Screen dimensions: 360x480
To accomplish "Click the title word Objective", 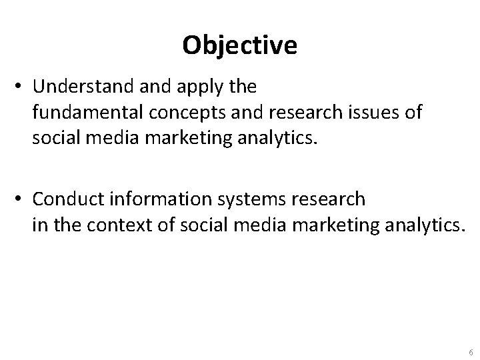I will tap(239, 46).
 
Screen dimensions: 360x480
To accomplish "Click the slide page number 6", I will tap(471, 351).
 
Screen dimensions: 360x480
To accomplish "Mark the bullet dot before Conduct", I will tap(21, 199).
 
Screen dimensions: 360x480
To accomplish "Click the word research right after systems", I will tap(329, 199).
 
